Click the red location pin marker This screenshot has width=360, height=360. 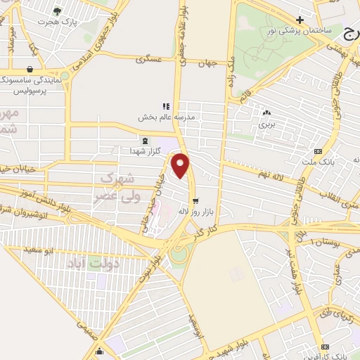tap(181, 165)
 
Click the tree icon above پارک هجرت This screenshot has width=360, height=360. tap(57, 11)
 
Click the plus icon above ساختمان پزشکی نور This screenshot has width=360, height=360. tap(300, 19)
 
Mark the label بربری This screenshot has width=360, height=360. tap(266, 123)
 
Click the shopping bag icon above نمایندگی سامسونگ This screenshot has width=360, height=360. tap(30, 70)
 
